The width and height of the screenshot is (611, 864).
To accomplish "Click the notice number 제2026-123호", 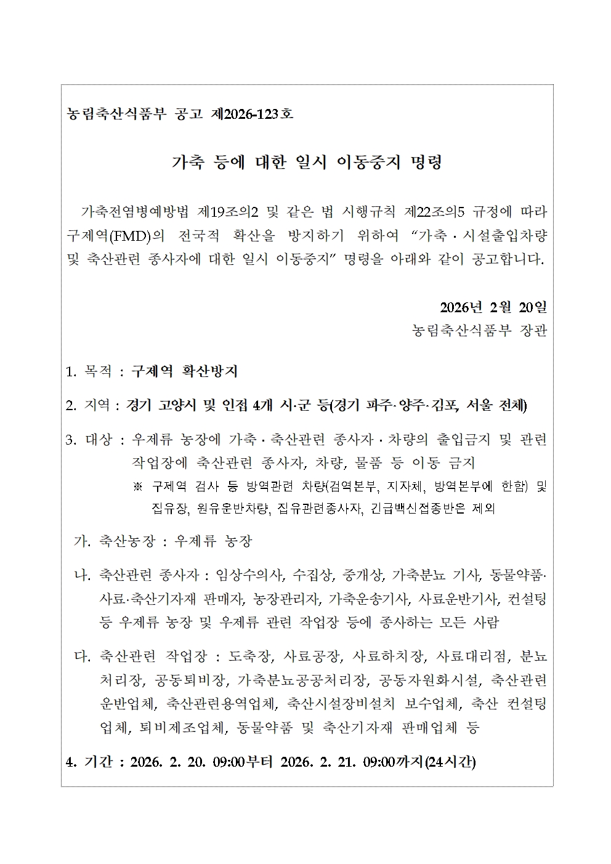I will (252, 115).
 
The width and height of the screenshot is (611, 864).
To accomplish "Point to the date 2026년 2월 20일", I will (493, 307).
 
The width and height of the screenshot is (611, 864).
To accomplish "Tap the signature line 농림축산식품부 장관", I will (479, 331).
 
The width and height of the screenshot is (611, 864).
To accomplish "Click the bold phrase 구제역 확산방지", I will (185, 371).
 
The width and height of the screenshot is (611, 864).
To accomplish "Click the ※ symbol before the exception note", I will (138, 487).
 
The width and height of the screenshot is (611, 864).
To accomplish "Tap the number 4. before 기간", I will (71, 762).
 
